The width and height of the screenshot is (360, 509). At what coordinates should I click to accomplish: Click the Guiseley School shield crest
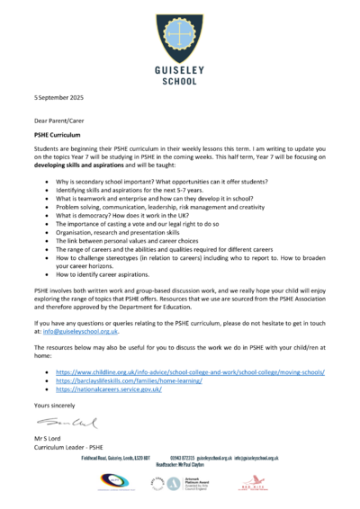point(180,33)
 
